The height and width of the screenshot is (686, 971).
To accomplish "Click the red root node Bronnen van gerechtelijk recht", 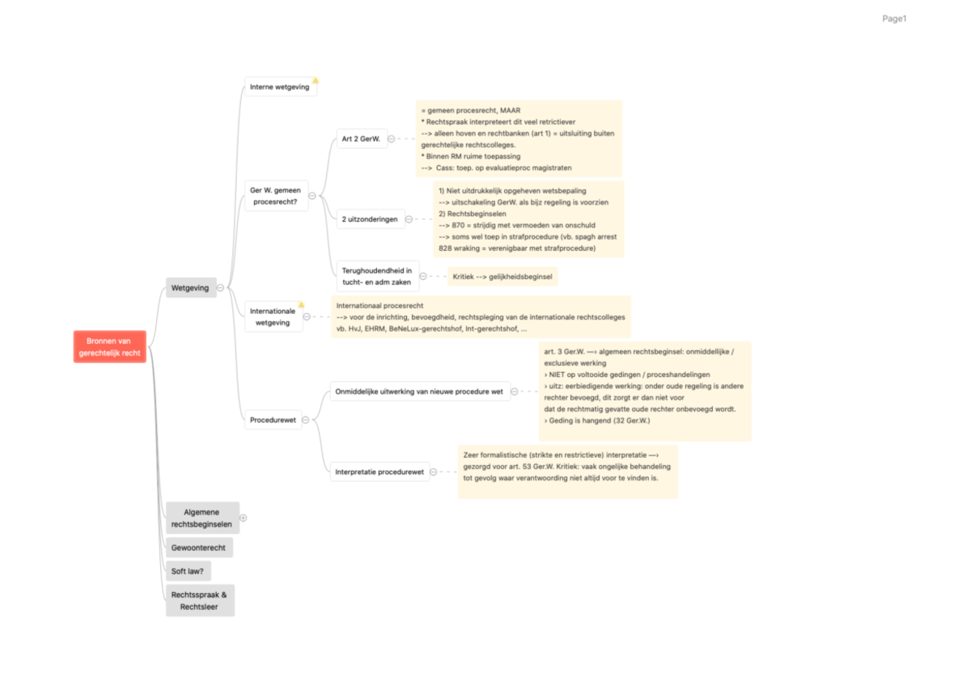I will (x=110, y=347).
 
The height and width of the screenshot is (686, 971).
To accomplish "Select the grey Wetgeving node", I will (x=191, y=287).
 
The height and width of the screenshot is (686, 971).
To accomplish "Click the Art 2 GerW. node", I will (x=360, y=138).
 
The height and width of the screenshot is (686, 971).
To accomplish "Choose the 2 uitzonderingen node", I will (x=371, y=219).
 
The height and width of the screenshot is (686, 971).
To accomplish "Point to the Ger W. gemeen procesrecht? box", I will (x=276, y=195).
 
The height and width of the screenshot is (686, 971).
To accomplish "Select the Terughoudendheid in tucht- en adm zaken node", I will (x=377, y=276).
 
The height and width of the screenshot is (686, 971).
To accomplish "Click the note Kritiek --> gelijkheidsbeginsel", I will (x=502, y=277).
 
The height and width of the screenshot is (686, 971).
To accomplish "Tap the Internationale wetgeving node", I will (x=273, y=316).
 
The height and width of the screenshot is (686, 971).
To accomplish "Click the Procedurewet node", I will (x=273, y=420).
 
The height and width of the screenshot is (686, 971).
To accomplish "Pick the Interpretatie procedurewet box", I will (x=379, y=472).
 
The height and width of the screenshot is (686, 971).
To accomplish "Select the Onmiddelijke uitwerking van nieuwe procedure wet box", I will (x=419, y=392).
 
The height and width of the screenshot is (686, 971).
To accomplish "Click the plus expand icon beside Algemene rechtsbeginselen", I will (x=244, y=518).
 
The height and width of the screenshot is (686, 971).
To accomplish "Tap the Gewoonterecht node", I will (x=198, y=548).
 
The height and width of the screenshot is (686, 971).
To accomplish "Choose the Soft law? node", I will (x=188, y=571).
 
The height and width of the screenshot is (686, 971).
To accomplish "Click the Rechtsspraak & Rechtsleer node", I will (x=199, y=600).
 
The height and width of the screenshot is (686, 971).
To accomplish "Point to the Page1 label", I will (x=894, y=19).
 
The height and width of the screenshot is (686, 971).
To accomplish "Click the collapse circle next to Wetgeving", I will (x=220, y=287).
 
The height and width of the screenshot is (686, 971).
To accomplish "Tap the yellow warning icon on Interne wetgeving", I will (x=316, y=80).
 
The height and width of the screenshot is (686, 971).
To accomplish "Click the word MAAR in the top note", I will (x=511, y=110).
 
